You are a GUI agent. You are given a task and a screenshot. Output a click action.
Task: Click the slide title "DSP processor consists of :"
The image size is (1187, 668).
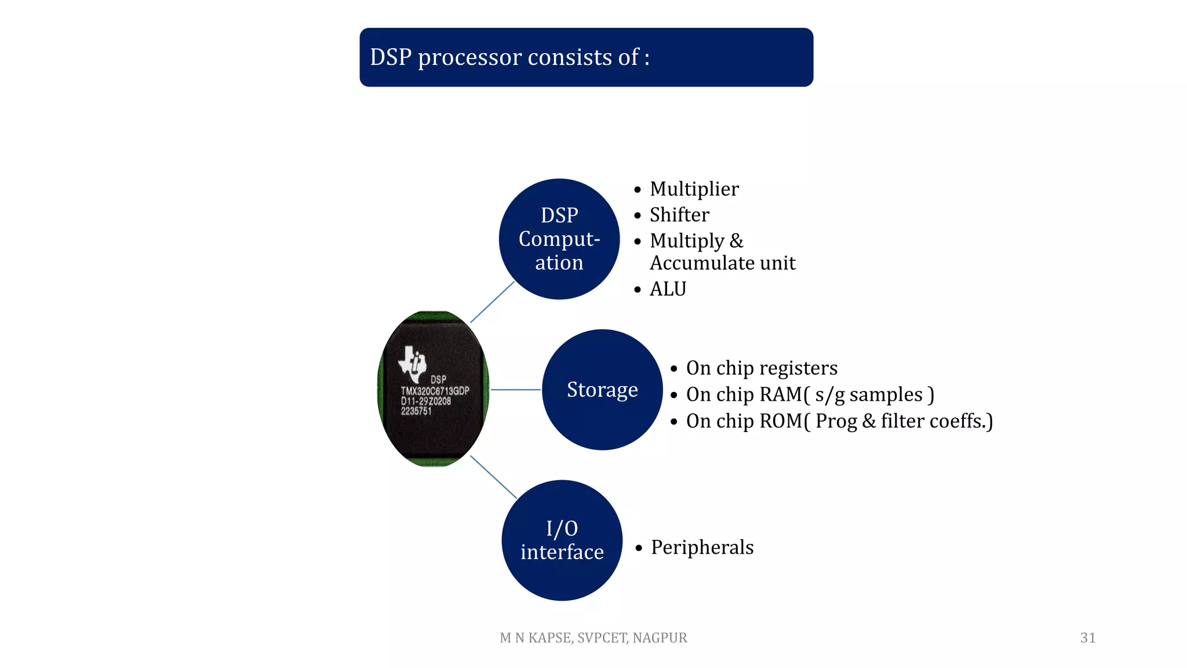point(509,57)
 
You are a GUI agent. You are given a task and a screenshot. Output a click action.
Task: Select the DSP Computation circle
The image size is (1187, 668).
point(559,239)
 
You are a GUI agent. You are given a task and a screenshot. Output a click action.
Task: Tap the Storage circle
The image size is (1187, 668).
point(602,390)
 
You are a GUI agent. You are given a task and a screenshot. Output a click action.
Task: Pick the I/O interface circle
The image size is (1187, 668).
point(562,540)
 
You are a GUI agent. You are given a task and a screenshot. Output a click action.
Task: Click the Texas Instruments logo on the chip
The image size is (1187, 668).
point(413,364)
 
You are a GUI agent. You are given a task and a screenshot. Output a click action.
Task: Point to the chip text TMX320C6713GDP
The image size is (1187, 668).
point(435,391)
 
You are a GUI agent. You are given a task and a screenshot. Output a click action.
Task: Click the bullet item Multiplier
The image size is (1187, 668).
point(694,189)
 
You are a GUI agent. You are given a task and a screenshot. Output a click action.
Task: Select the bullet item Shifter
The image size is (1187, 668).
point(679,215)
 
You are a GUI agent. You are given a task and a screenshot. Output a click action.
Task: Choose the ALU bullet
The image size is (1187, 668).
point(668,289)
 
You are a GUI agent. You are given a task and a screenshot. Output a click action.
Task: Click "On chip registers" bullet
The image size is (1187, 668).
point(762,368)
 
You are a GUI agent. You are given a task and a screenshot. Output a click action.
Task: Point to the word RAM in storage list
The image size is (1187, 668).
point(780,394)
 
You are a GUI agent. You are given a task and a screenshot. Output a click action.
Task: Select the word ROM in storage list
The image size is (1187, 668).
point(780,421)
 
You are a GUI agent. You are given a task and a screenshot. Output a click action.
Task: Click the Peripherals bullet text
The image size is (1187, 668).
point(702,547)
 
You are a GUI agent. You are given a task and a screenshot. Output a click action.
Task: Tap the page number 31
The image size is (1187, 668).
point(1087,638)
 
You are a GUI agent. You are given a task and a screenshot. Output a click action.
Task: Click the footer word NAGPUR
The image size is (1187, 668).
point(660,638)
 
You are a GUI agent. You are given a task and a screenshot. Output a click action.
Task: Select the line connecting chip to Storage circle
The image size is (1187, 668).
point(516,390)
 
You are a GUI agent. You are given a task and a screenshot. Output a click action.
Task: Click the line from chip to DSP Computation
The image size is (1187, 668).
point(492,302)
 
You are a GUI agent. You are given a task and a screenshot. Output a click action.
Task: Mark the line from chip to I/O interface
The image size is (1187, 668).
point(493,477)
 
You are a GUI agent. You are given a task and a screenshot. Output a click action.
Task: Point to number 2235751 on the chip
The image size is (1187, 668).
point(416,411)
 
